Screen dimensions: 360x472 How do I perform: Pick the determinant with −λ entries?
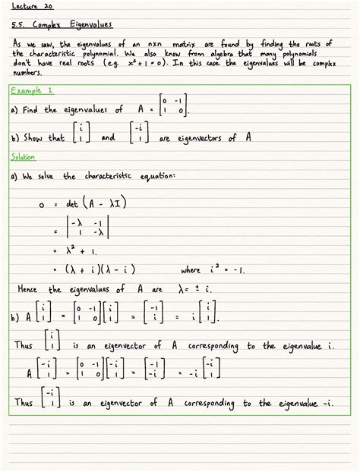click(x=88, y=226)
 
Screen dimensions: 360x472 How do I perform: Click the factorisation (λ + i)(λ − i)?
click(x=106, y=269)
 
